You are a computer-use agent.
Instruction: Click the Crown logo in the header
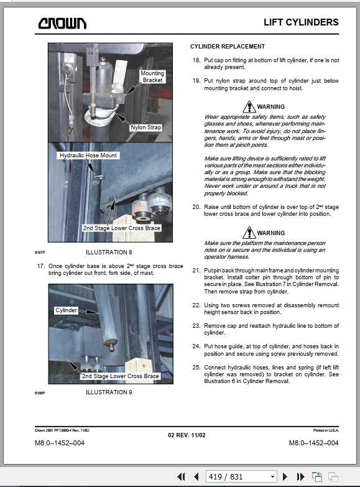62,23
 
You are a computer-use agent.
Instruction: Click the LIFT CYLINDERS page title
301,22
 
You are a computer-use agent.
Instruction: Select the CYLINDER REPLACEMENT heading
228,47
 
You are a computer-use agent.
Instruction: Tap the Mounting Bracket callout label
152,77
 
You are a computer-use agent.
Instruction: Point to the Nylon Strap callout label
145,128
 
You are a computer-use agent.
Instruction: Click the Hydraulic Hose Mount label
88,155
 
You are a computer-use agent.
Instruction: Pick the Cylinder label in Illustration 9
66,310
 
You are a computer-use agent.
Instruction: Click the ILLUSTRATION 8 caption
109,252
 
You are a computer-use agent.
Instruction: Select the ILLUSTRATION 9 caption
109,392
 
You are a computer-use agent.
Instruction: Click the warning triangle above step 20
249,107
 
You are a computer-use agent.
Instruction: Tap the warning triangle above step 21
249,233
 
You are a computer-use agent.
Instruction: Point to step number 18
196,60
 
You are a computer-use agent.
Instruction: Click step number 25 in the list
196,368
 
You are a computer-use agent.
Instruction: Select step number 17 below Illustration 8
40,266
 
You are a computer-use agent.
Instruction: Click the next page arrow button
285,476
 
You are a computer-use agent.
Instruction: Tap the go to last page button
300,476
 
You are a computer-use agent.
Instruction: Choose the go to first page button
181,476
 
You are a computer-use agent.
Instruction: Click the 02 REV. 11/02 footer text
187,435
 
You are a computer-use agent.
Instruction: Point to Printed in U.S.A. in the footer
326,430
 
